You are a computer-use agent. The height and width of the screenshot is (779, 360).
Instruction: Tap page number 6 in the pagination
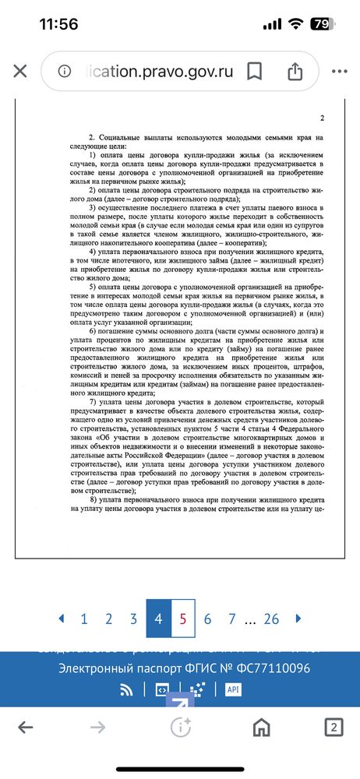[x=207, y=619]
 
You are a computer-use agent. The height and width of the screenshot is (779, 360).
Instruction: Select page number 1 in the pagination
[x=83, y=619]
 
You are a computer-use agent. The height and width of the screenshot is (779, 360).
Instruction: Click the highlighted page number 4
[x=158, y=619]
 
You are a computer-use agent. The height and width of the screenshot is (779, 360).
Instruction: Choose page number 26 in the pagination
[x=271, y=619]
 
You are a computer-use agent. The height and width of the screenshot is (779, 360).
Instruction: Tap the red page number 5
[x=182, y=619]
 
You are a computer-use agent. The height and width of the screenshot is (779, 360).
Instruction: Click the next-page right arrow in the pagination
[x=298, y=619]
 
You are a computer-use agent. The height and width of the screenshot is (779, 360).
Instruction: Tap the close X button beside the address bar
[x=20, y=72]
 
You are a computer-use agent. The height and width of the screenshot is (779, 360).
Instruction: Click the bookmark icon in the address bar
[x=254, y=72]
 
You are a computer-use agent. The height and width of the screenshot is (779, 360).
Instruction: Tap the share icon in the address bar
[x=295, y=72]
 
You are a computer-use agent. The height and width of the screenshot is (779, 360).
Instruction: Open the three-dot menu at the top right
[x=340, y=72]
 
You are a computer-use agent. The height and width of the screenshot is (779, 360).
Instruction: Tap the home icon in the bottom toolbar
[x=261, y=728]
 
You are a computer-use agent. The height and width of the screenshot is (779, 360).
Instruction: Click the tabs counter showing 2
[x=333, y=728]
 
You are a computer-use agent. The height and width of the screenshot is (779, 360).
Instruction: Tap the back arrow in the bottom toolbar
[x=26, y=728]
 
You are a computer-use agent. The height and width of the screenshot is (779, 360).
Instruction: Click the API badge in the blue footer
[x=232, y=689]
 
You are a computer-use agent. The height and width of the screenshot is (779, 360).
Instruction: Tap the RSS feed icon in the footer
[x=126, y=689]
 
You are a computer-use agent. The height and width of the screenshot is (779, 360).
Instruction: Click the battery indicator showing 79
[x=320, y=24]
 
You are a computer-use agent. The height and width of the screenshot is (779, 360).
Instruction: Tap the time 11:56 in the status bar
[x=58, y=24]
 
